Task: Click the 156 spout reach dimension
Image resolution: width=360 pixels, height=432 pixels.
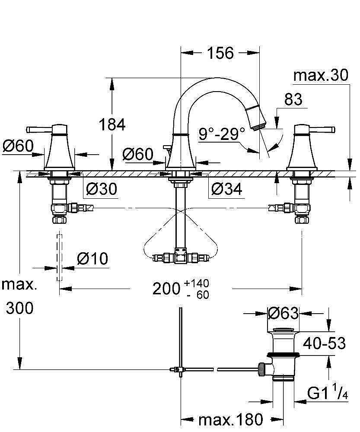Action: tap(220, 53)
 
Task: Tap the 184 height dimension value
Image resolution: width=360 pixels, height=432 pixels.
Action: tap(112, 124)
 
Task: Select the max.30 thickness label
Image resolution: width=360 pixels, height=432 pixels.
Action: tap(321, 75)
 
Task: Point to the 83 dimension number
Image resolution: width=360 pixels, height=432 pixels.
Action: tap(293, 99)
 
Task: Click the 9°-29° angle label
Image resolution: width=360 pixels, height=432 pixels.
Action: tap(222, 134)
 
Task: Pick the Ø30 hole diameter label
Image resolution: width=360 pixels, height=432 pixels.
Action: tap(102, 189)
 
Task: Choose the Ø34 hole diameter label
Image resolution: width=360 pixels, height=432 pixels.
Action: tap(227, 189)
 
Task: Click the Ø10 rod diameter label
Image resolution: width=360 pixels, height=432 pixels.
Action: tap(92, 259)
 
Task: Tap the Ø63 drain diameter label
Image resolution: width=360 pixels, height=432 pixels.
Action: tap(284, 313)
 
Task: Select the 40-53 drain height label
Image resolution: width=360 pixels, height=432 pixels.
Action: tap(325, 343)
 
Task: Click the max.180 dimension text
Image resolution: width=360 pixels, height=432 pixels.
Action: tap(231, 419)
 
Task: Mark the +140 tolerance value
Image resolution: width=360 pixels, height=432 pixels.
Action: tap(197, 283)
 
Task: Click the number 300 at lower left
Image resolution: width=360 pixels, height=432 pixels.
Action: tap(19, 308)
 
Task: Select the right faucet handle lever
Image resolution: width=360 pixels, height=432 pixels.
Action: tap(322, 130)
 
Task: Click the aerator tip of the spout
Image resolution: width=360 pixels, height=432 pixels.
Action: tap(259, 127)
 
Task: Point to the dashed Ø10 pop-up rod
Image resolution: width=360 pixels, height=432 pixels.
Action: tap(59, 257)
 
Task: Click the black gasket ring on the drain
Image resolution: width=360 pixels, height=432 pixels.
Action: tap(284, 355)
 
